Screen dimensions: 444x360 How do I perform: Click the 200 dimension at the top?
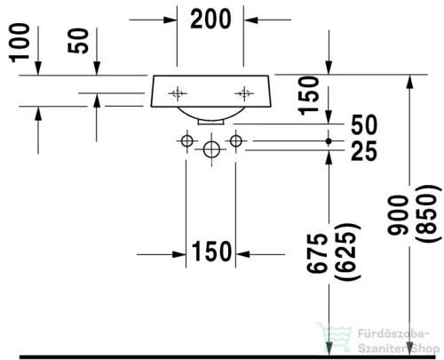(210, 19)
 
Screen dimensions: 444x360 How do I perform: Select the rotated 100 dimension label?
(20, 43)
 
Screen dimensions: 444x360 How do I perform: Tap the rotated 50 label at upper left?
(78, 41)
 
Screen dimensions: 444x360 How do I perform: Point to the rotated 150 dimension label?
(309, 96)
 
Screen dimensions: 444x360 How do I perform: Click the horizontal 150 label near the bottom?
(211, 252)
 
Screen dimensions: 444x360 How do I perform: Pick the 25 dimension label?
(364, 151)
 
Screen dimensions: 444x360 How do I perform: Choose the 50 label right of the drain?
(364, 124)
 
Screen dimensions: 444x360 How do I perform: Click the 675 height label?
(317, 253)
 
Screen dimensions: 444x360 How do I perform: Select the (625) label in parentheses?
(347, 252)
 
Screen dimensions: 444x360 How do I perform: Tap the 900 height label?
(398, 215)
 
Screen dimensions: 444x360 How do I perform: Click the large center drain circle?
(211, 149)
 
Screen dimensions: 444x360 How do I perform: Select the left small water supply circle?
(186, 141)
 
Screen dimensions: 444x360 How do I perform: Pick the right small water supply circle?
(236, 140)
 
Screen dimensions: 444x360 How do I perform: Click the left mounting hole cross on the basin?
(178, 93)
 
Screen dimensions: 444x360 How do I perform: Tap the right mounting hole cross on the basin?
(244, 93)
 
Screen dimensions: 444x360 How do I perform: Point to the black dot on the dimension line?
(329, 141)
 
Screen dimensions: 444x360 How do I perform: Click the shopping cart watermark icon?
(335, 337)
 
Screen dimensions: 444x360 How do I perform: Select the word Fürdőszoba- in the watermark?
(393, 333)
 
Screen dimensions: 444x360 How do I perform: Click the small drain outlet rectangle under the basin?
(211, 122)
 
